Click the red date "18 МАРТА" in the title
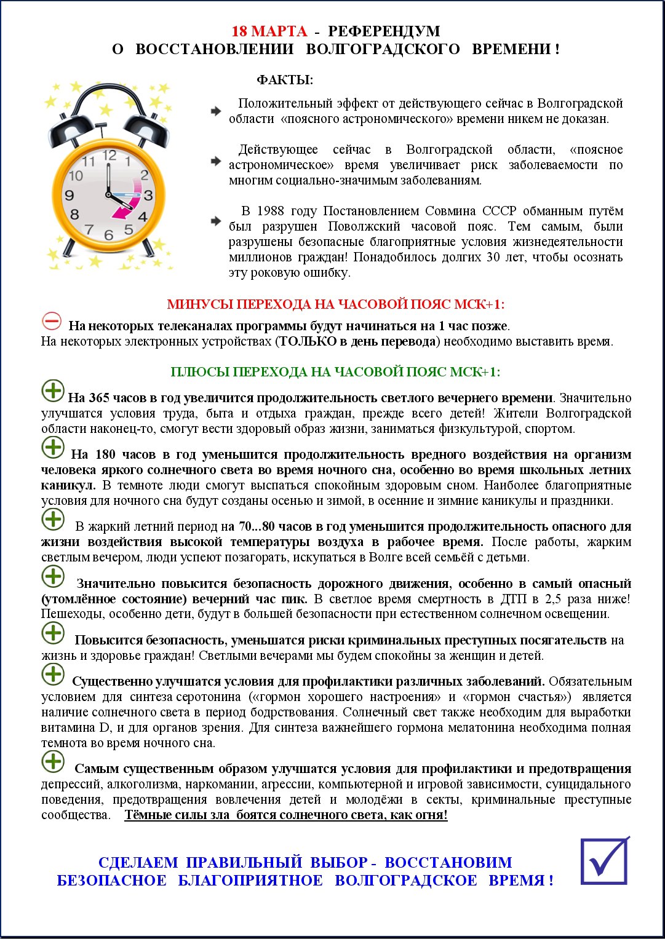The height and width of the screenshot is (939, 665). (269, 31)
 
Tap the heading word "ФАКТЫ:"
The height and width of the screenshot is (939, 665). (285, 81)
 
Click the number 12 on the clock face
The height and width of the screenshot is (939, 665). (110, 156)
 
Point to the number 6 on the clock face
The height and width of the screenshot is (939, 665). (109, 235)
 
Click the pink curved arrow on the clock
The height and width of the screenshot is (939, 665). (126, 209)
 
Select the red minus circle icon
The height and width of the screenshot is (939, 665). (52, 321)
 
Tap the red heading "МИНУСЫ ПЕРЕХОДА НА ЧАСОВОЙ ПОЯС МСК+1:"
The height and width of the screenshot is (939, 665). (335, 304)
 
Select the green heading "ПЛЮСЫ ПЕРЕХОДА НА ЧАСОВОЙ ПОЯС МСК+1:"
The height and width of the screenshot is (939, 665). (335, 372)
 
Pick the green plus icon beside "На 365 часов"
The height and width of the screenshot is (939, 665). (53, 390)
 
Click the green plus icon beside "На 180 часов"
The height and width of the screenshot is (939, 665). (53, 447)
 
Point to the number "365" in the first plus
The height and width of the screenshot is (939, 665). (99, 398)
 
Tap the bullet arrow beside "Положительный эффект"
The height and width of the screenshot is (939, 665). (216, 111)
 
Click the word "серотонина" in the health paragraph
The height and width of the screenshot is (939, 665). (209, 697)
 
